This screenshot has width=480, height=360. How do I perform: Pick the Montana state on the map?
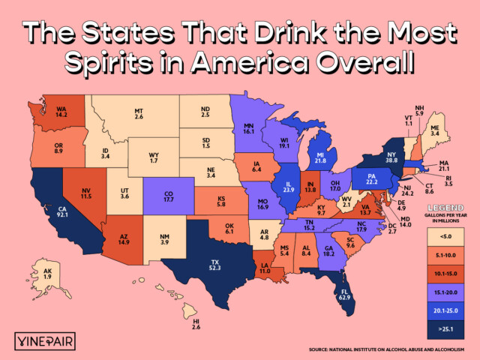click(x=139, y=112)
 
